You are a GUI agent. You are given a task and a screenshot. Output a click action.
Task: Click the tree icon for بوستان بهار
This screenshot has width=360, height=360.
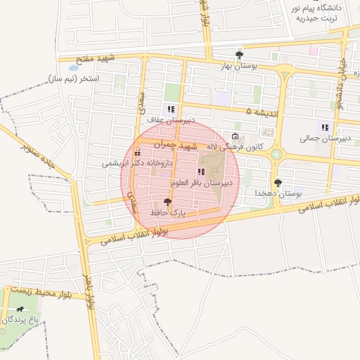click(x=240, y=55)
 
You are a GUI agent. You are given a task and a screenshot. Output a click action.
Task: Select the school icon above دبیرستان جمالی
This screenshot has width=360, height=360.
click(x=324, y=127)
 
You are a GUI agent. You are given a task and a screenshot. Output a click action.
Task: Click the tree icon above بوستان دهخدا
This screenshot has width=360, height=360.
click(x=278, y=183)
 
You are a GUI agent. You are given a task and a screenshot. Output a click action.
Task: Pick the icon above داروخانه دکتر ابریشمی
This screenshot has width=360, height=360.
click(x=138, y=153)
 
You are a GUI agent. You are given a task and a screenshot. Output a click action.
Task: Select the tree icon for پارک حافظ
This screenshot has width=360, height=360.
click(x=166, y=202)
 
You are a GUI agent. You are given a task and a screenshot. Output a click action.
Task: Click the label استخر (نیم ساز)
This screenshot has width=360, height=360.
click(x=74, y=79)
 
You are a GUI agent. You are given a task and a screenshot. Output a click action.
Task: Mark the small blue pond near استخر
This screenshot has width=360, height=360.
click(x=73, y=68)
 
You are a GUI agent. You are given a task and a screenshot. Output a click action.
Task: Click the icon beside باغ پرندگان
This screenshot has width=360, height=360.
click(x=20, y=309)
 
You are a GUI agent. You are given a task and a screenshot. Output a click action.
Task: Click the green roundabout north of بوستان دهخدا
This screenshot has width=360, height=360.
click(x=276, y=154)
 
